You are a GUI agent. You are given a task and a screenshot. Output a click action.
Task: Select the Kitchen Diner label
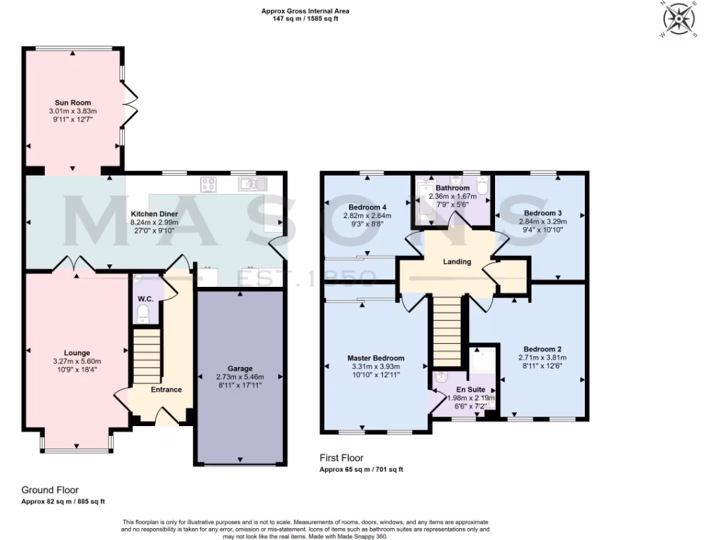154,213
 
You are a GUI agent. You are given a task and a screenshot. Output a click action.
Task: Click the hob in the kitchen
209,184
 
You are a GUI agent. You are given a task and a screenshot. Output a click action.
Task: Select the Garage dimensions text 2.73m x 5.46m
239,376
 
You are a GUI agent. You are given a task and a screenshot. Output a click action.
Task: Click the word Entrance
166,390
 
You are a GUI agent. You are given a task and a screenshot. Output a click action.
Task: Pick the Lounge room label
77,353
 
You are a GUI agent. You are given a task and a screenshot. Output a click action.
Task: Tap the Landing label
456,262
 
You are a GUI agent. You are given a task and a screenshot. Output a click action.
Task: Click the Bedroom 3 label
542,213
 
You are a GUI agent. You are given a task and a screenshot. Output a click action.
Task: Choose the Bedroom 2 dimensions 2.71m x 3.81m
542,357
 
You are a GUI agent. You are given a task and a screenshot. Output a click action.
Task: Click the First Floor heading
341,458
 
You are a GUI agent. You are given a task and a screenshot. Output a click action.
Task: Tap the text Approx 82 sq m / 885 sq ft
63,501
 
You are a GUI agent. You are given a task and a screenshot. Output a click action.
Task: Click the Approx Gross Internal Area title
305,11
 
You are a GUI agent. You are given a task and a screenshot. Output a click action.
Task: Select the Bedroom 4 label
368,207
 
